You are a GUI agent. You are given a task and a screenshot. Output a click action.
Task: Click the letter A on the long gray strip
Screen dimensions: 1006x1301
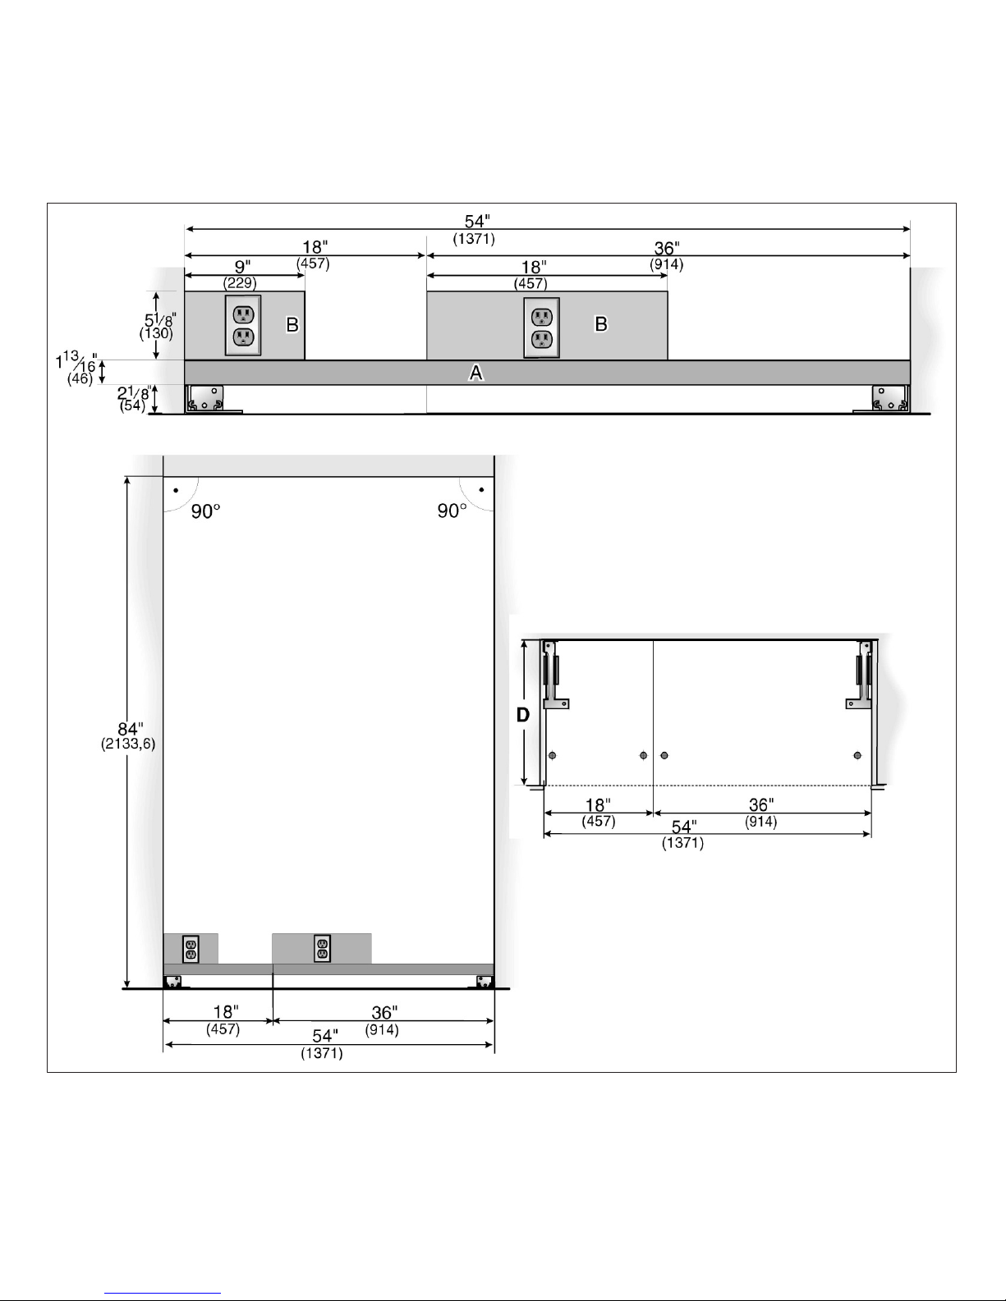(x=475, y=373)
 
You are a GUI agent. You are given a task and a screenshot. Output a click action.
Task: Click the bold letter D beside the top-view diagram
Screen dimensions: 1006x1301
(x=523, y=714)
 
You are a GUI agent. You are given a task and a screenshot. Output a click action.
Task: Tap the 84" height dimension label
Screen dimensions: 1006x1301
(x=130, y=729)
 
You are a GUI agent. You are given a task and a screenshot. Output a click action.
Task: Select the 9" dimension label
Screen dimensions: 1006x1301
(x=242, y=267)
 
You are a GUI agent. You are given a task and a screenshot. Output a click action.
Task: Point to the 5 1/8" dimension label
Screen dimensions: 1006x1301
(x=160, y=320)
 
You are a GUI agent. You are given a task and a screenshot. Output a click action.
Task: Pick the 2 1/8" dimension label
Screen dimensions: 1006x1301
(x=134, y=392)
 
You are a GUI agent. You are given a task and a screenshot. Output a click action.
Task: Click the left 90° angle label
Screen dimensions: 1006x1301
(x=205, y=511)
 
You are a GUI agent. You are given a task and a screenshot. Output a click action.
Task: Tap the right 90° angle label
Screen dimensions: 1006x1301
(x=452, y=511)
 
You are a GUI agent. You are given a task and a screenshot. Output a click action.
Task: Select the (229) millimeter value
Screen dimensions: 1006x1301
(x=240, y=282)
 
